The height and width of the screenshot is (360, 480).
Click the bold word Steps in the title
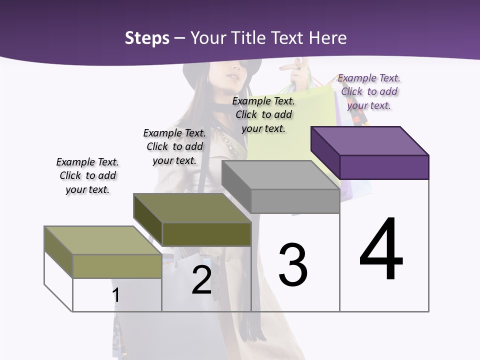147,38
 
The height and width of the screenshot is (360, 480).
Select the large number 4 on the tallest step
381,249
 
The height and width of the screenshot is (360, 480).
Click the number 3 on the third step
293,265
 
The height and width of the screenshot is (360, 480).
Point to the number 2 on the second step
201,280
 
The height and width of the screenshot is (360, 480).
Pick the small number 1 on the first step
116,295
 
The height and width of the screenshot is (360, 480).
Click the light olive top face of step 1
103,240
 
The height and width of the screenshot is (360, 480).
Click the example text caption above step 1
87,175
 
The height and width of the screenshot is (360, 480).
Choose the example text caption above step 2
174,146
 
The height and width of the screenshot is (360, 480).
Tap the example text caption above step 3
263,114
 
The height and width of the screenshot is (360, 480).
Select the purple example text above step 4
369,91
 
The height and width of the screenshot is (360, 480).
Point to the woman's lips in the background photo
232,78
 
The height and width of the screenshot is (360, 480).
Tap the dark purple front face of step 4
384,167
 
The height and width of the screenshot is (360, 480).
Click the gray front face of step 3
295,201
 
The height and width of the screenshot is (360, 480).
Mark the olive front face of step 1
117,266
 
